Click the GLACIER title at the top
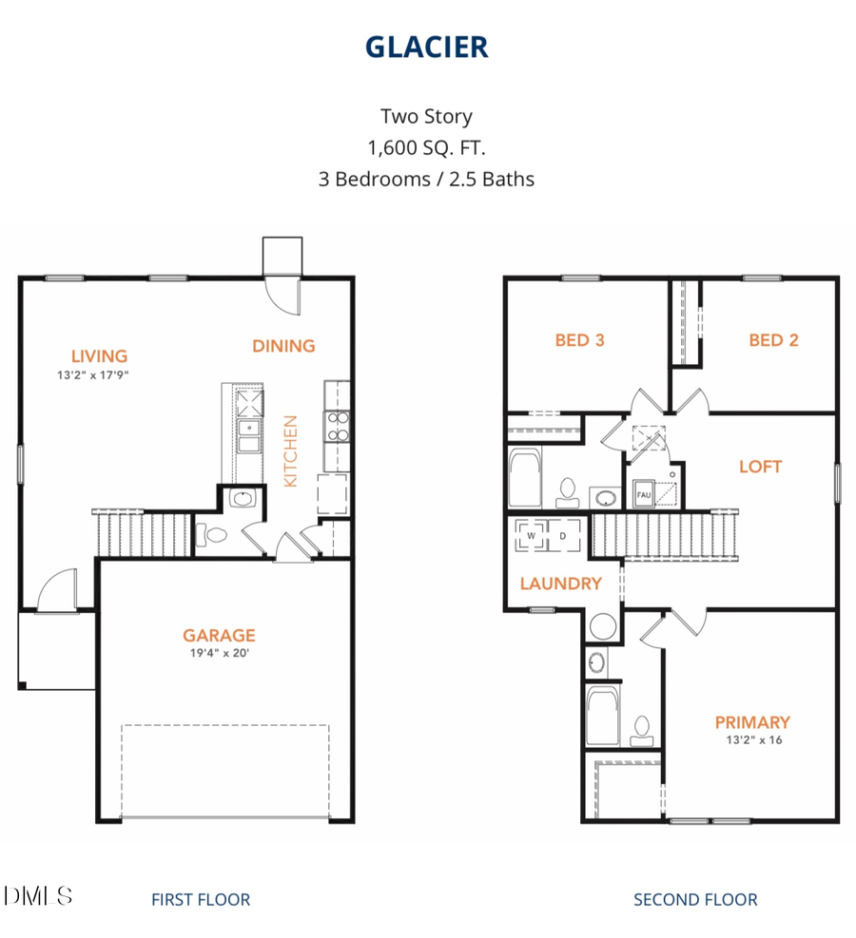click(x=426, y=47)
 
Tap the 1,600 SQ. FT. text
click(x=426, y=147)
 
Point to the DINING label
click(x=283, y=346)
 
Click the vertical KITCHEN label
click(x=291, y=451)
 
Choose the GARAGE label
click(x=219, y=635)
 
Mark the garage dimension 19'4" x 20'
click(x=219, y=653)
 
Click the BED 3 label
click(x=579, y=340)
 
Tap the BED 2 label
click(x=772, y=340)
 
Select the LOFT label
click(x=760, y=467)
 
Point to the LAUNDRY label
click(x=560, y=584)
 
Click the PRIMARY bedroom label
click(x=752, y=722)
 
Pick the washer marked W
click(x=530, y=536)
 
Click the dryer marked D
click(x=562, y=536)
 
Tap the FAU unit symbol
click(x=643, y=495)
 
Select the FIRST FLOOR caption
click(x=201, y=899)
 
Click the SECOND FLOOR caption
click(x=695, y=899)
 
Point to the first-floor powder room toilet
click(x=211, y=534)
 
